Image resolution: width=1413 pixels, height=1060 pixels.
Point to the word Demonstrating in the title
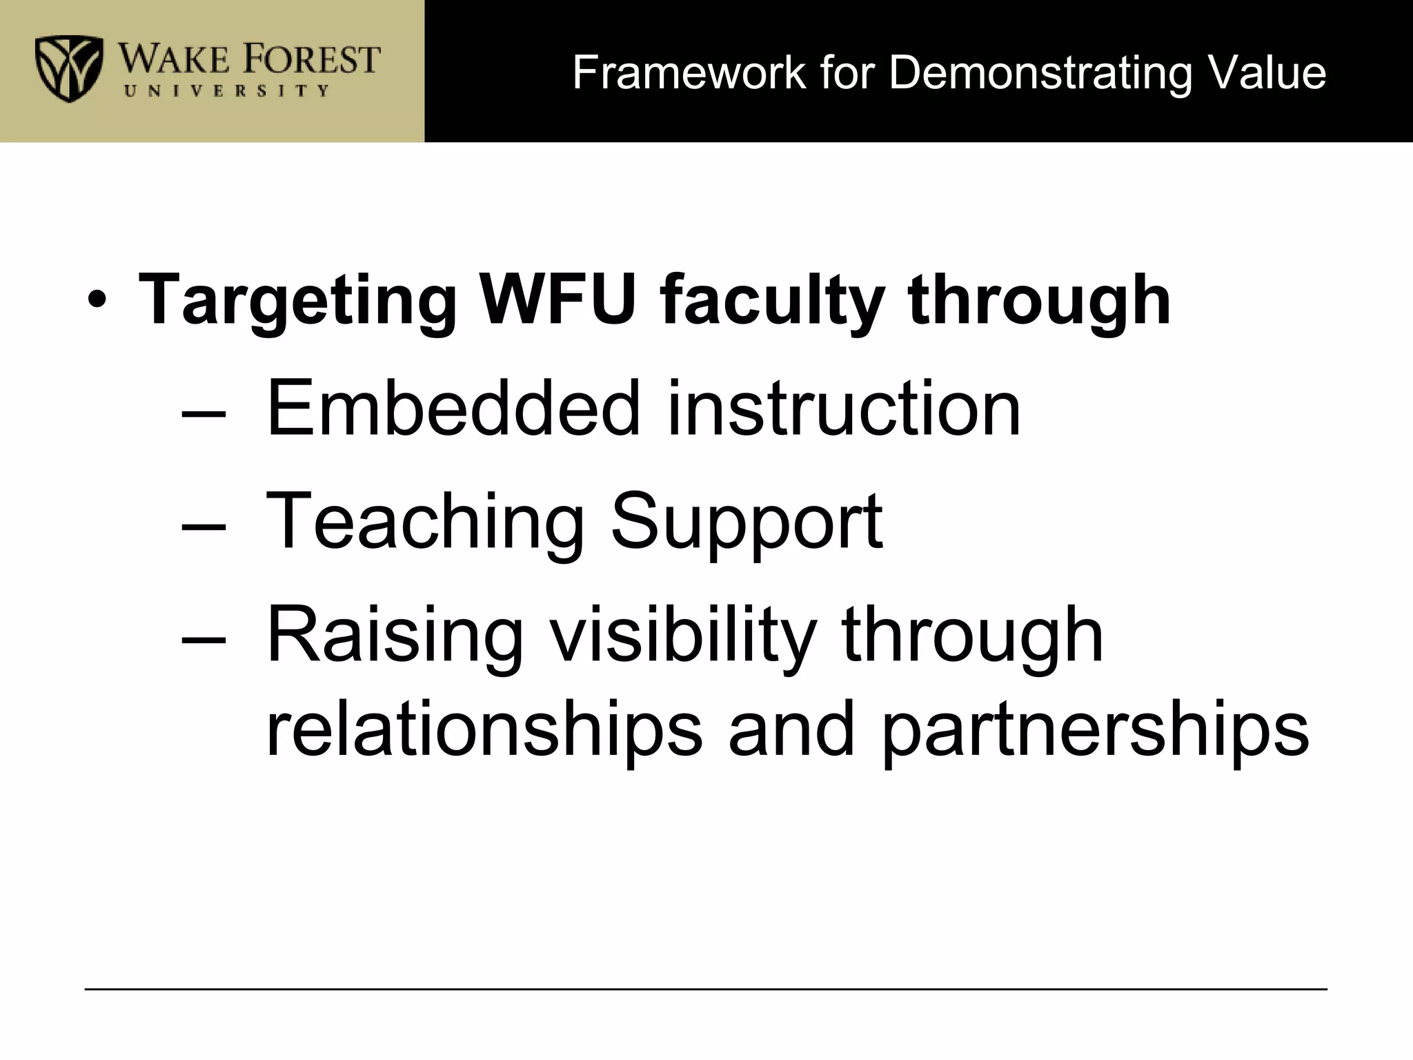tap(1040, 72)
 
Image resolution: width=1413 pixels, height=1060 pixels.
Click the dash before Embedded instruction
tap(204, 413)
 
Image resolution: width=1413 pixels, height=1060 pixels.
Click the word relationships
tap(484, 729)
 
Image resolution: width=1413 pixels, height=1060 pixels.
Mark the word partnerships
tap(1095, 729)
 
